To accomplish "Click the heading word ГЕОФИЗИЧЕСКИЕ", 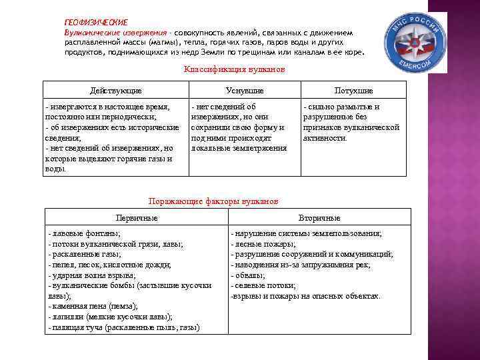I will [95, 22].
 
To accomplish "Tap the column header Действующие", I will [116, 90].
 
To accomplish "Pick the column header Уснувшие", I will [244, 90].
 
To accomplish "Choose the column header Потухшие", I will [353, 90].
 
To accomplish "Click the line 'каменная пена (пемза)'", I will [93, 306].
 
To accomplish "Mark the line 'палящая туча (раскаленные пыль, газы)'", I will [124, 327].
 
